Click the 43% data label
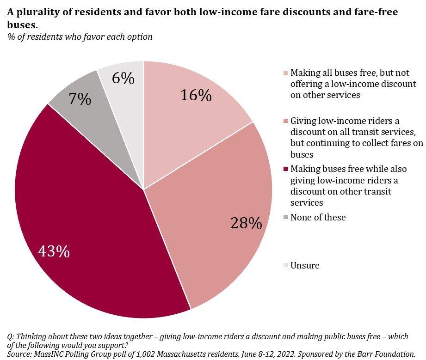(55, 252)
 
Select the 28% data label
(246, 223)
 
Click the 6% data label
(123, 79)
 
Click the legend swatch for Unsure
(285, 265)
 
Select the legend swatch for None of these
(285, 217)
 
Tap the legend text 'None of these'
(318, 217)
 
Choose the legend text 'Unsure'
(305, 265)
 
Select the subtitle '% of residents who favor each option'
(80, 37)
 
